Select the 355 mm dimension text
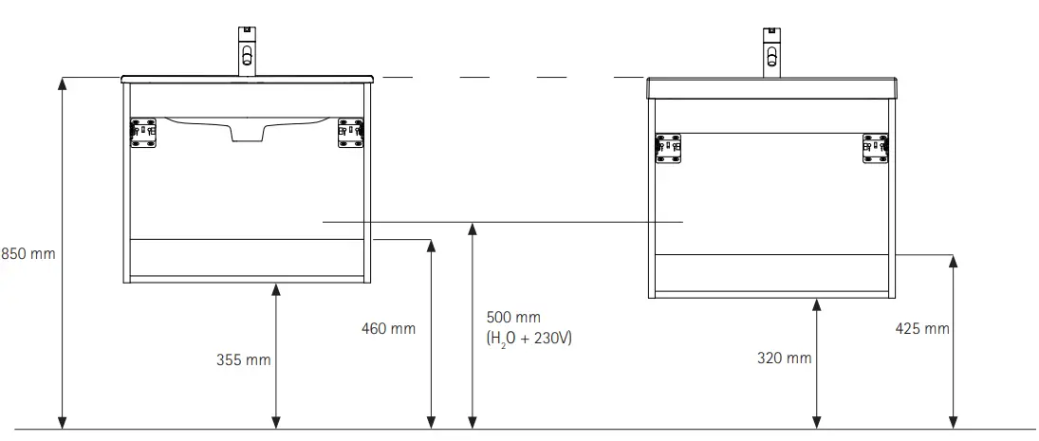coord(244,360)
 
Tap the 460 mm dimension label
coord(389,329)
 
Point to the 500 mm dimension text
coord(513,317)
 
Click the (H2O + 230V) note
coord(529,338)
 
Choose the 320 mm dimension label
coord(785,358)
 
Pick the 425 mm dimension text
coord(922,329)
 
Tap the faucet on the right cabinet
coord(771,51)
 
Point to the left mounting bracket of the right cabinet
coord(669,148)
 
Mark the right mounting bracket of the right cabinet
coord(875,148)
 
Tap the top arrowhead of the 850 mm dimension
coord(63,83)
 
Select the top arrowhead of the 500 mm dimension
coord(472,228)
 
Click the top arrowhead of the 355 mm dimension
coord(276,290)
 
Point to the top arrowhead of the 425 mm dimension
coord(954,261)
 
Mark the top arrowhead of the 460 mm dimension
coord(432,247)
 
